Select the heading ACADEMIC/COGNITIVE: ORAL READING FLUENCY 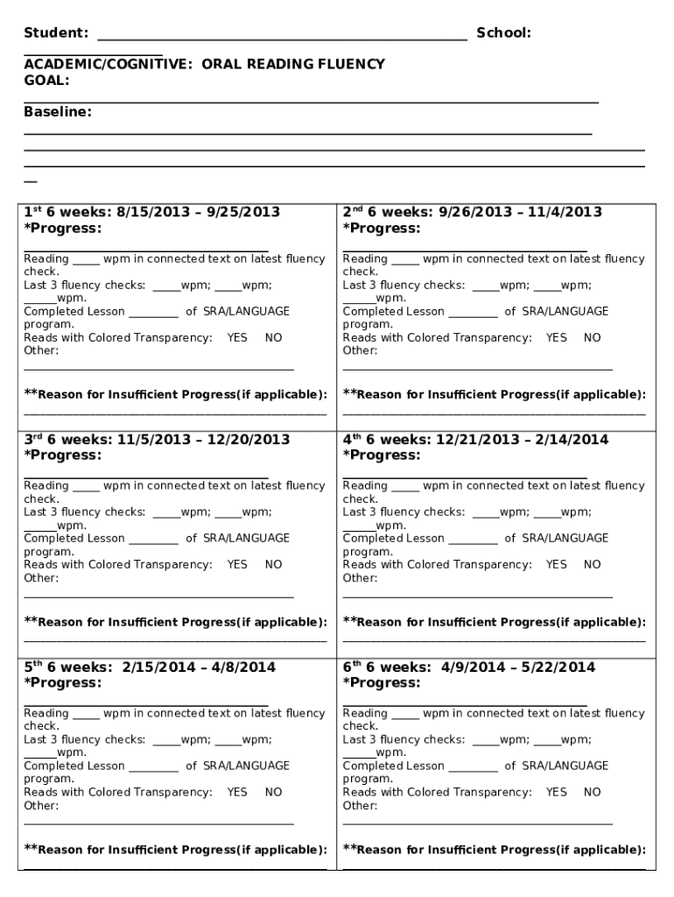coord(204,64)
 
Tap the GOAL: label coord(46,80)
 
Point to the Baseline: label coord(57,112)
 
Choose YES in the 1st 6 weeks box coord(237,337)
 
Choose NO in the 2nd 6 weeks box coord(593,337)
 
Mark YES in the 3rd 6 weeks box coord(237,565)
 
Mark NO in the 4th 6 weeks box coord(593,565)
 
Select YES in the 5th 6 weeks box coord(237,792)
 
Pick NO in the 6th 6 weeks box coord(593,792)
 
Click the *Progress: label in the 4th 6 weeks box coord(382,456)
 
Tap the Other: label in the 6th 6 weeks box coord(360,805)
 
